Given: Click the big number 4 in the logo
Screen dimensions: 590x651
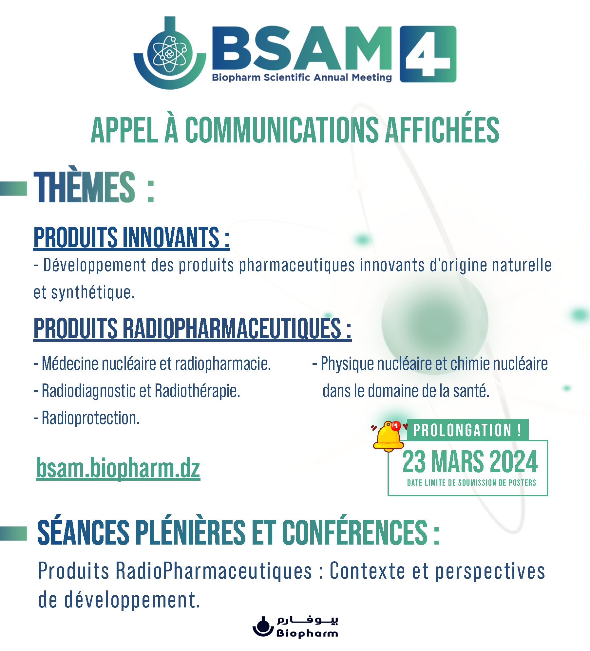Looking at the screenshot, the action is [x=428, y=54].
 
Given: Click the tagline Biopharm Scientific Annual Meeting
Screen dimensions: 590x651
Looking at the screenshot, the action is [x=302, y=78].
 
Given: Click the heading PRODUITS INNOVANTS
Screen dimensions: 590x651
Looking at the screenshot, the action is [x=131, y=237].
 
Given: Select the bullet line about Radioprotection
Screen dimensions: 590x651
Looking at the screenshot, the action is [x=87, y=418].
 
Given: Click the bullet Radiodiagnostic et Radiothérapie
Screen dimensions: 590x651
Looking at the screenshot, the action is [x=137, y=391].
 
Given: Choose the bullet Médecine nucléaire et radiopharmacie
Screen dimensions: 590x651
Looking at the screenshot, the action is [x=152, y=363].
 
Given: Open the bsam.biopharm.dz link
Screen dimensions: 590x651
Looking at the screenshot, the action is [x=118, y=468].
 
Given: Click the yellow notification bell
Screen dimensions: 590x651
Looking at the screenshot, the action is [x=389, y=436].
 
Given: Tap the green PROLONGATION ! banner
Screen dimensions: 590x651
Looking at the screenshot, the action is [x=467, y=430].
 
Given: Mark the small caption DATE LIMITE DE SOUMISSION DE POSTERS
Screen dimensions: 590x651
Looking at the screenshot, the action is [x=471, y=483].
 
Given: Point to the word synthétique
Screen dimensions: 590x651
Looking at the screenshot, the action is [x=93, y=292].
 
